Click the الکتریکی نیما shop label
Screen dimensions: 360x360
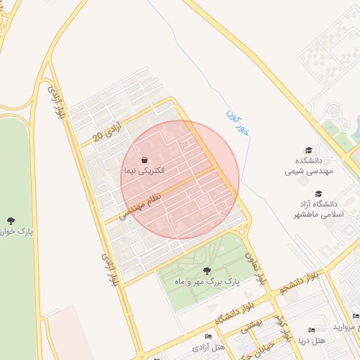143,171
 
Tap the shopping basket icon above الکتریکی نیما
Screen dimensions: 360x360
143,160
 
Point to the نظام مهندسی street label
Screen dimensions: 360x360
144,200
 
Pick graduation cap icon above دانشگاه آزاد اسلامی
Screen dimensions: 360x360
319,193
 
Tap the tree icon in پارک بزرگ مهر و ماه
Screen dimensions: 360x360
206,270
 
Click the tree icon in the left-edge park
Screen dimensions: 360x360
10,221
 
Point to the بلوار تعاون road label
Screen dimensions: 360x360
255,268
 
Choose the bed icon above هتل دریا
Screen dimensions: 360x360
311,330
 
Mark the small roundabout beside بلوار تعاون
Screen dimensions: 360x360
241,231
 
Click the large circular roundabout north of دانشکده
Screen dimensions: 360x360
333,110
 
